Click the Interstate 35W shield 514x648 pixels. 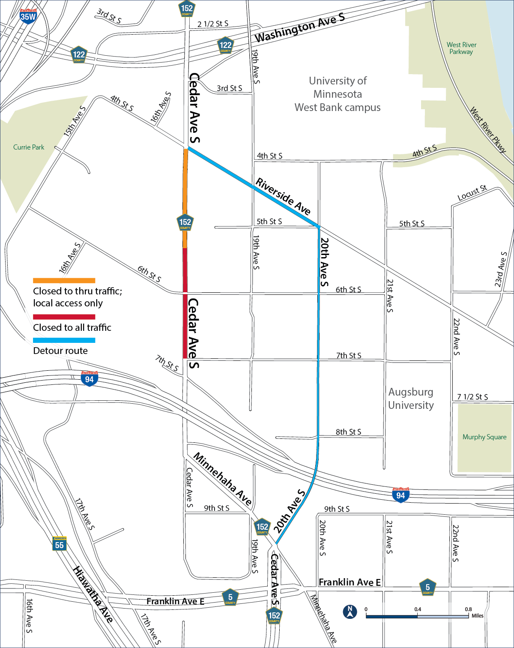coord(28,16)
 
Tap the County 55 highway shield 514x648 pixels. coord(60,544)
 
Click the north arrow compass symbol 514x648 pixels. coord(350,612)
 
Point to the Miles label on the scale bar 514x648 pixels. coord(477,616)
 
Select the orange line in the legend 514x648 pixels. coord(64,281)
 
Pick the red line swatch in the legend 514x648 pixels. coord(64,317)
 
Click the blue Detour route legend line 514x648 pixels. coord(64,340)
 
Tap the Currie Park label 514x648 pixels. coord(29,147)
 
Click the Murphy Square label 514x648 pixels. coord(484,437)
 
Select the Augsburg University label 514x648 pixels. coord(411,399)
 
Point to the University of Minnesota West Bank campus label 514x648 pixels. coord(338,94)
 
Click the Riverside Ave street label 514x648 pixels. coord(283,196)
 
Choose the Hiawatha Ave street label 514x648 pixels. coord(93,594)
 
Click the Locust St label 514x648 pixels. coord(472,193)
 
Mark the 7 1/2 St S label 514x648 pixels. coord(472,397)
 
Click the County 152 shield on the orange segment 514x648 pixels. coord(185,223)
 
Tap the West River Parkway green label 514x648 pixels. coord(461,48)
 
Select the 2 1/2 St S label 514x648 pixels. coord(213,24)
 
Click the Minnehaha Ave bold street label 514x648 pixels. coord(222,479)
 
